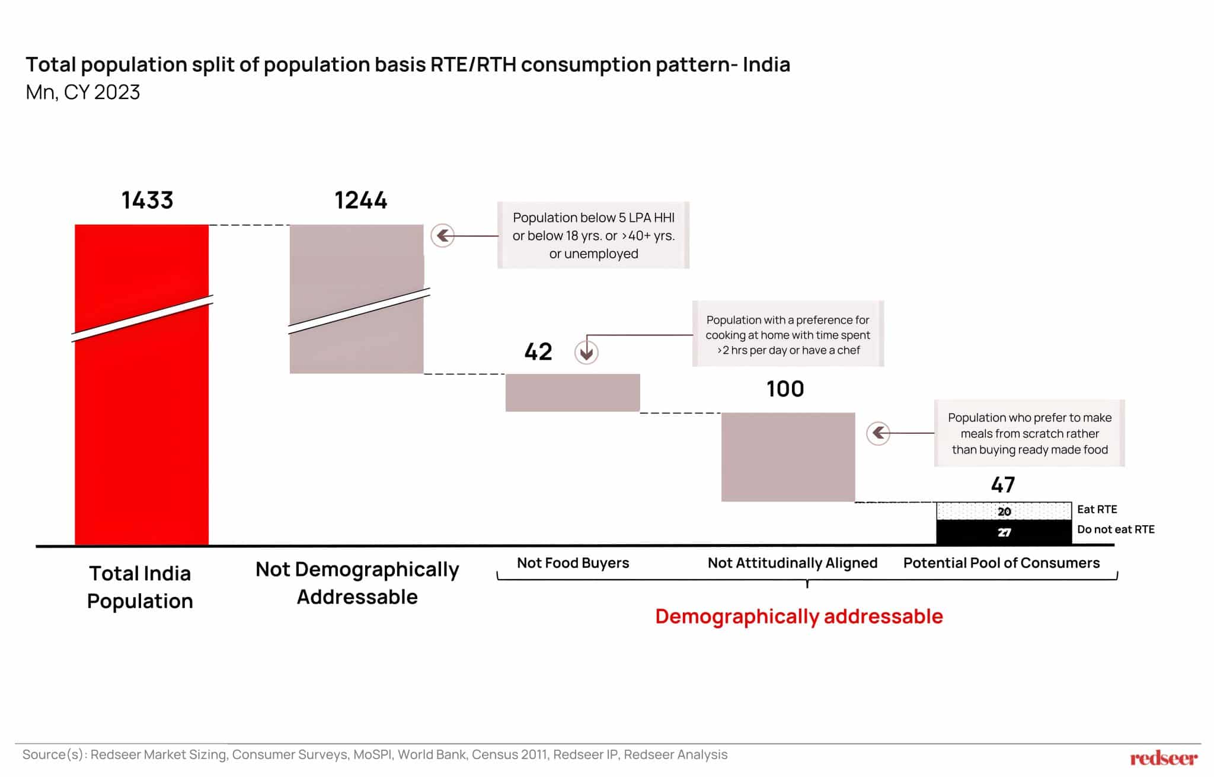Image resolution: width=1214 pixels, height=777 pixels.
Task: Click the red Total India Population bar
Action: click(x=141, y=415)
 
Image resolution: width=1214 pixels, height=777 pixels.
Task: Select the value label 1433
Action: click(x=147, y=200)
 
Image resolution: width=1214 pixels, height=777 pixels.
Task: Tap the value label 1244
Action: click(x=360, y=200)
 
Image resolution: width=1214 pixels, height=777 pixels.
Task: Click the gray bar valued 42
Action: click(x=572, y=392)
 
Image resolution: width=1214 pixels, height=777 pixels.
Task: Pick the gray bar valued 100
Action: click(x=788, y=457)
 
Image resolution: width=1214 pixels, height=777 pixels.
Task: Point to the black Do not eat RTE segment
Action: click(x=1004, y=532)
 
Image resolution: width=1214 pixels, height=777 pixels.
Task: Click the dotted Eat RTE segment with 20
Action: click(x=1004, y=511)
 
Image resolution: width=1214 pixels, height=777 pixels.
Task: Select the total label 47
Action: click(x=1003, y=485)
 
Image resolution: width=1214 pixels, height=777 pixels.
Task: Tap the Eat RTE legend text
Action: click(x=1097, y=509)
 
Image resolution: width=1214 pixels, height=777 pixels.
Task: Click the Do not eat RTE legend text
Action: click(x=1116, y=529)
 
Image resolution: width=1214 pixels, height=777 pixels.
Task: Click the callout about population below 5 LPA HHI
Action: click(x=593, y=235)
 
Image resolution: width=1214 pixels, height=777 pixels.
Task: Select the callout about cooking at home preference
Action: click(x=788, y=334)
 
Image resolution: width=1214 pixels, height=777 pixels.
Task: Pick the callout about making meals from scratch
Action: click(x=1030, y=433)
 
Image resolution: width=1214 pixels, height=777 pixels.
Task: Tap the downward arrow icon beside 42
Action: click(x=586, y=353)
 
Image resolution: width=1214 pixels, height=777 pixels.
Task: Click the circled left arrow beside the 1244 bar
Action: click(x=442, y=236)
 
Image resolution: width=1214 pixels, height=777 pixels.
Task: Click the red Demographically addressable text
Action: click(x=798, y=616)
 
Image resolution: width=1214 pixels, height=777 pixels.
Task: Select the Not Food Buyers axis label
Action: click(x=573, y=562)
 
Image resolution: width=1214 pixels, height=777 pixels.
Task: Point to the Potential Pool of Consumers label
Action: click(x=1001, y=562)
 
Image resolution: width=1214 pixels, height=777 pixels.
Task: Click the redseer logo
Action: click(x=1163, y=758)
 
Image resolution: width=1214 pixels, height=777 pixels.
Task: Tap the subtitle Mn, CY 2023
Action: click(x=83, y=92)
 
